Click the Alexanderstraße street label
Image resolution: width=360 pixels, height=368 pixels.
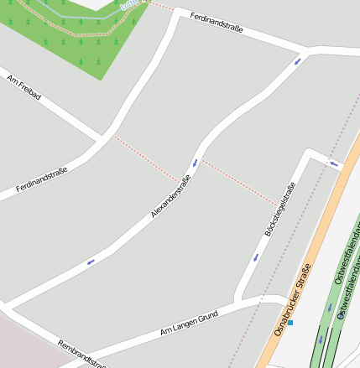171,197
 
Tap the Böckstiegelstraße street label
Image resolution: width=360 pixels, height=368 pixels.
280,210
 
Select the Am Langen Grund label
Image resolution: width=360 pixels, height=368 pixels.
189,323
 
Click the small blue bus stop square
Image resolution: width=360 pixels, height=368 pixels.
291,322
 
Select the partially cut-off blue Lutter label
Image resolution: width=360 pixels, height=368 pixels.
128,3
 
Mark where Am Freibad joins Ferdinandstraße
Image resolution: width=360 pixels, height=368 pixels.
103,137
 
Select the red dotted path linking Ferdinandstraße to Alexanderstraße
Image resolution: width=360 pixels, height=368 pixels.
147,158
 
